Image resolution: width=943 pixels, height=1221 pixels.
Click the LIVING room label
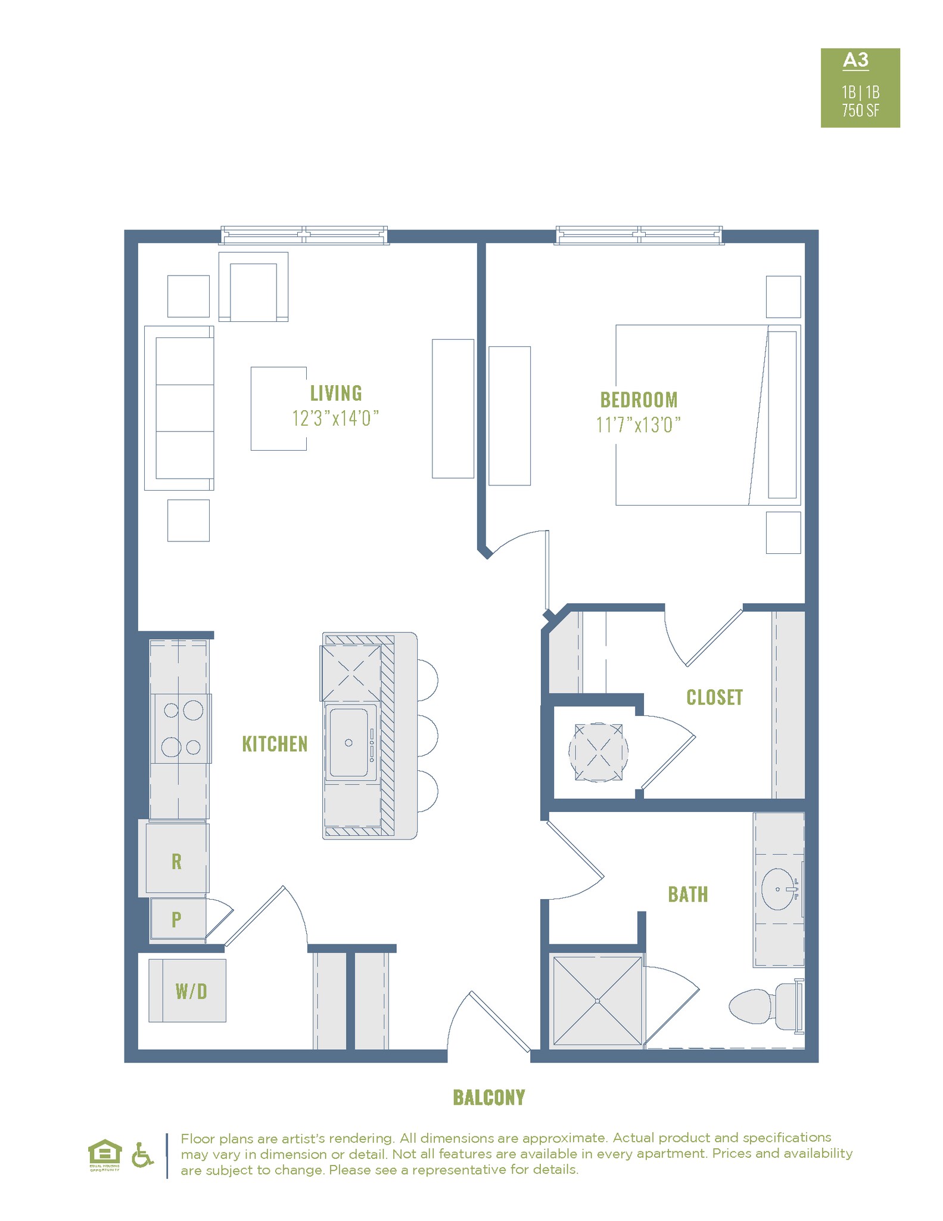[x=336, y=393]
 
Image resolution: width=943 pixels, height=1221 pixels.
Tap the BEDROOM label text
[x=639, y=399]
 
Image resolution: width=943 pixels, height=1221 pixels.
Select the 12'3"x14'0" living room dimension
[x=335, y=419]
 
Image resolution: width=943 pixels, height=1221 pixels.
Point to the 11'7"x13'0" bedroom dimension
[x=639, y=425]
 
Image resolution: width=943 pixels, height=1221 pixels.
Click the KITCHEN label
[x=275, y=744]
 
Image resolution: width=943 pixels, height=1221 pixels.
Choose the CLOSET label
[x=714, y=698]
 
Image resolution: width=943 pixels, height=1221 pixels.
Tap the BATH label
[x=688, y=894]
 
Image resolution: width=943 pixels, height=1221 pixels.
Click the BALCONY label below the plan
[x=489, y=1098]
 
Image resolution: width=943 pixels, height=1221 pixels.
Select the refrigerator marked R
[x=177, y=861]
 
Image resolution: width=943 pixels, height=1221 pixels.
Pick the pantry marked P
[x=177, y=919]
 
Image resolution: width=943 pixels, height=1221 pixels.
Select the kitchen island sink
[x=349, y=742]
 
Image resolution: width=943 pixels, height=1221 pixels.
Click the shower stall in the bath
[x=597, y=1001]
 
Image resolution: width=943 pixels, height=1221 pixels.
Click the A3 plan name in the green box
[x=855, y=60]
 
